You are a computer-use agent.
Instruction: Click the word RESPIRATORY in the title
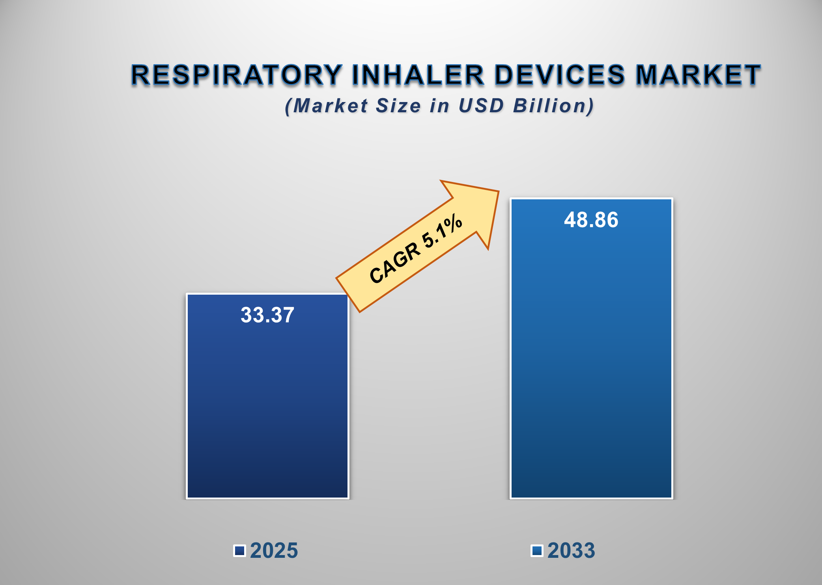[236, 75]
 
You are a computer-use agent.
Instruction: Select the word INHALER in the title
[418, 75]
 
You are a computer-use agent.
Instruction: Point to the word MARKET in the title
[698, 75]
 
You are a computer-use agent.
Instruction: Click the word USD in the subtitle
[481, 106]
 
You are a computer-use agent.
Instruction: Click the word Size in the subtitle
[398, 106]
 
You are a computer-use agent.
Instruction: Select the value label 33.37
[267, 315]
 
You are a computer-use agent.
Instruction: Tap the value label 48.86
[591, 220]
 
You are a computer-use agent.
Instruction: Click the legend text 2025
[274, 550]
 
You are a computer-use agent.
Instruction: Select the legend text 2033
[571, 550]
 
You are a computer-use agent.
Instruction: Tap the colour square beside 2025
[239, 550]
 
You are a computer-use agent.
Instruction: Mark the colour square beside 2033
[537, 550]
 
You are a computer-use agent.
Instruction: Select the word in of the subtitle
[440, 106]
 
